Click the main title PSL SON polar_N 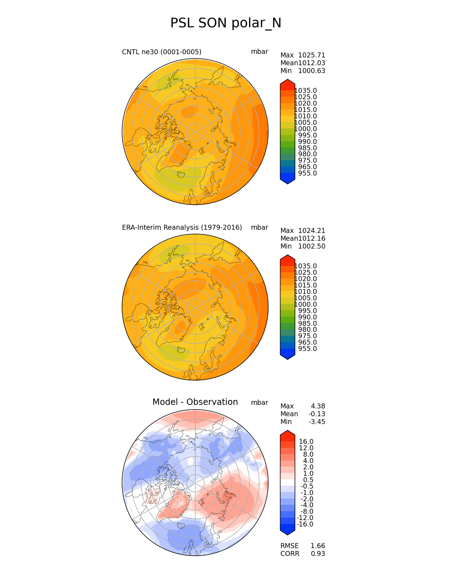point(226,23)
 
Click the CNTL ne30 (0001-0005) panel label point(162,52)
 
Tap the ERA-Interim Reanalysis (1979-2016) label point(182,228)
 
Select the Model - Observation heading point(195,402)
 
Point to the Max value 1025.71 point(312,55)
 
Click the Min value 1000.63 point(312,71)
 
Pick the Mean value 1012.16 point(312,239)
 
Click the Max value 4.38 point(318,406)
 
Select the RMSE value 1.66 point(318,546)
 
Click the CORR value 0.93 point(318,554)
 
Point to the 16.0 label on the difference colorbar point(306,442)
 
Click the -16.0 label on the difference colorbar point(305,524)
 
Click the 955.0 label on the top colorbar point(307,173)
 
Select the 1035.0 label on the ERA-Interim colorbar point(306,266)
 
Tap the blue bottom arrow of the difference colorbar point(288,530)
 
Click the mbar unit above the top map point(260,52)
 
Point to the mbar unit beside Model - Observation point(260,403)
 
